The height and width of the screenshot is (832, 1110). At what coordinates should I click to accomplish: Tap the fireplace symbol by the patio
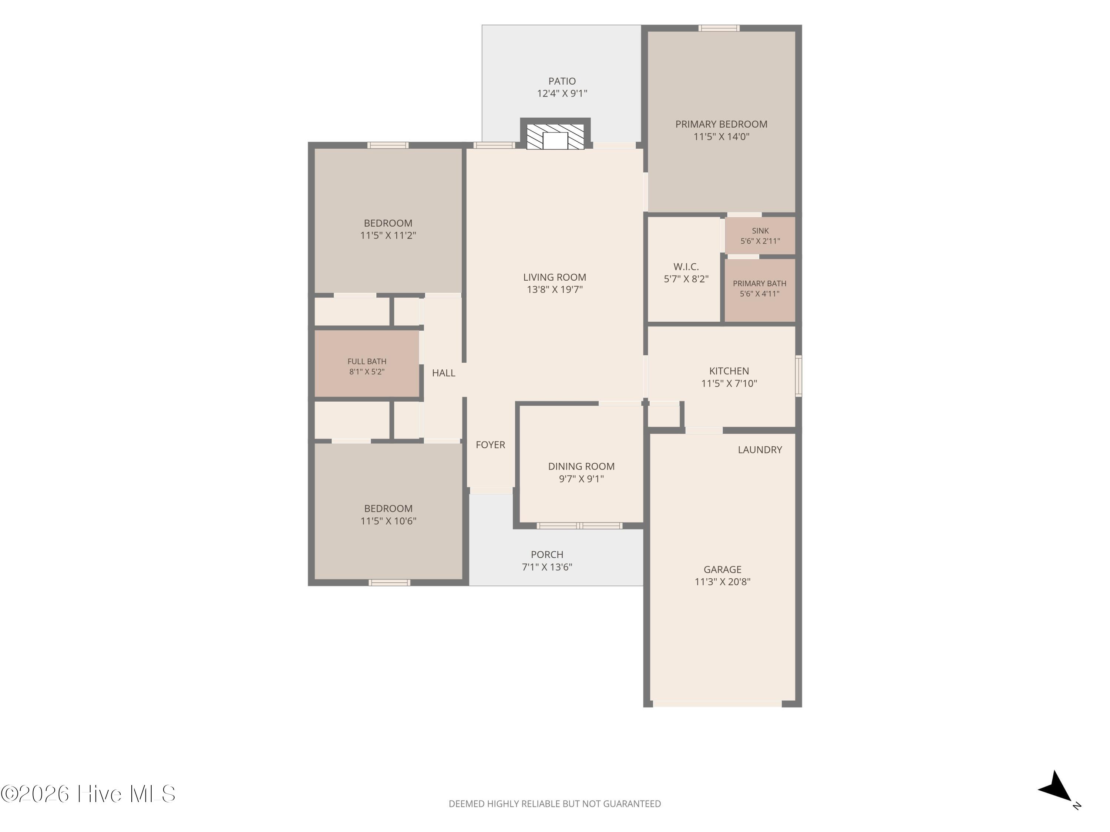point(555,134)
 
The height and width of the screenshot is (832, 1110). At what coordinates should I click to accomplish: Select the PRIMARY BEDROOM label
point(721,124)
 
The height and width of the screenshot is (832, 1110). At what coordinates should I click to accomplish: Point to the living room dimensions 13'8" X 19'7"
point(555,290)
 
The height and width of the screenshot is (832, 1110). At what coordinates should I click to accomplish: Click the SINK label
point(760,231)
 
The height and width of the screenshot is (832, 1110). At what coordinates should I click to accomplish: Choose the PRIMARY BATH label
point(759,283)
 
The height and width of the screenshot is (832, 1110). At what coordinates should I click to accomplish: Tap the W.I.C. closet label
point(686,267)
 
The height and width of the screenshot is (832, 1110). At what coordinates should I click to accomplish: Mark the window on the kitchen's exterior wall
point(798,376)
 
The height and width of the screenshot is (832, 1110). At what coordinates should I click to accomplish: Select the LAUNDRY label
point(760,450)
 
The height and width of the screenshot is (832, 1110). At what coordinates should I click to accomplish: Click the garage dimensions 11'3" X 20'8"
point(722,582)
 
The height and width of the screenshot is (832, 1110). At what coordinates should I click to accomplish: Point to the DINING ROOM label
point(581,466)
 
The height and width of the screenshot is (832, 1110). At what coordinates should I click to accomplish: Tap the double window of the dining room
point(579,525)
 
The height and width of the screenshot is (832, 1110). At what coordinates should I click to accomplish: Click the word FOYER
point(490,445)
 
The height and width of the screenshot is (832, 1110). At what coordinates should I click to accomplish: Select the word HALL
point(444,373)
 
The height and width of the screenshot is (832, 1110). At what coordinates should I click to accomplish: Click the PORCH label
point(547,555)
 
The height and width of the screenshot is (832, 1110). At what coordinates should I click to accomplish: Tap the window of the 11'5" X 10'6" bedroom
point(389,582)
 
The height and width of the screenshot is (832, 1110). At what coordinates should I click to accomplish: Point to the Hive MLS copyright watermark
point(88,794)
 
